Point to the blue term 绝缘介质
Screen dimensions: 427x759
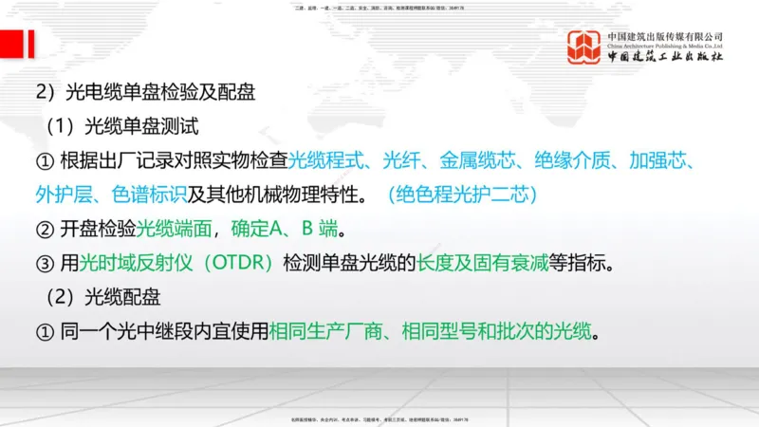pyautogui.click(x=569, y=159)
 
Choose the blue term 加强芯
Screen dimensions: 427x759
pyautogui.click(x=664, y=159)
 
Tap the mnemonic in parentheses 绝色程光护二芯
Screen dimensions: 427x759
pyautogui.click(x=464, y=195)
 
